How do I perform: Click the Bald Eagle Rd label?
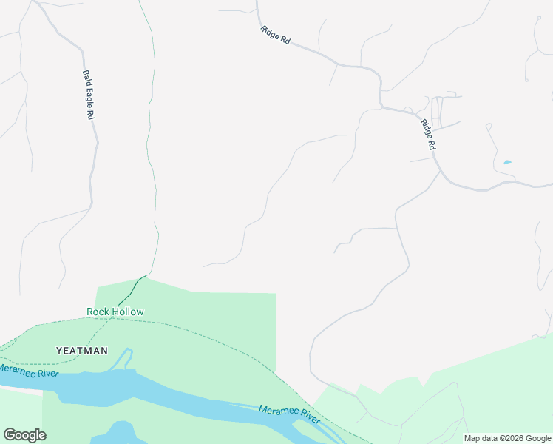(x=89, y=95)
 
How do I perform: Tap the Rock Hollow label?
(x=115, y=312)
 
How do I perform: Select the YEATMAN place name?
(x=82, y=350)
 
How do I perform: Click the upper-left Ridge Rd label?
(x=275, y=35)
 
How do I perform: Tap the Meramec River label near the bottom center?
(x=289, y=415)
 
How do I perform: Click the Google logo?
(x=24, y=435)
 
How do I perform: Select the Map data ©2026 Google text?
(x=507, y=438)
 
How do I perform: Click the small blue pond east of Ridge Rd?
(x=507, y=162)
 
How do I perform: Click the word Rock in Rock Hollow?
(x=98, y=312)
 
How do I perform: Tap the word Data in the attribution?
(x=484, y=438)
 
